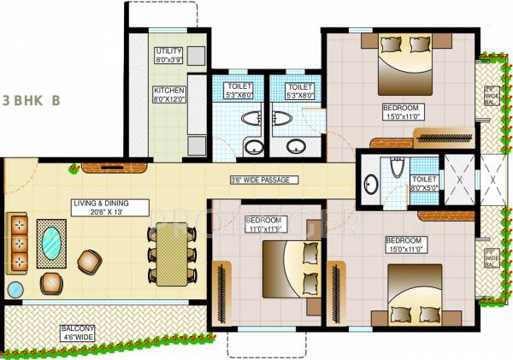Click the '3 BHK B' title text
tap(31, 99)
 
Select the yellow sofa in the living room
tap(18, 242)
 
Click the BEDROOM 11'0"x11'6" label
tap(264, 225)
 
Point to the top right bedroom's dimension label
tap(400, 115)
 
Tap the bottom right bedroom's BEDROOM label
tap(401, 240)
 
